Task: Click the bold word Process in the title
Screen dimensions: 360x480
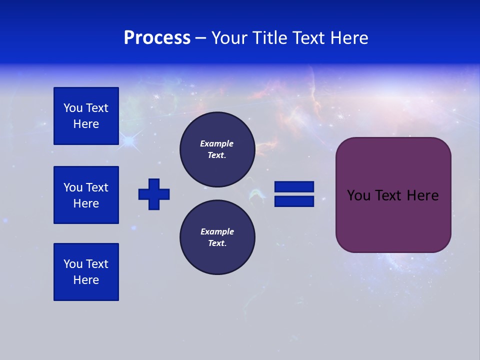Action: tap(157, 38)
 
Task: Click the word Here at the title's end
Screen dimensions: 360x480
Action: tap(348, 38)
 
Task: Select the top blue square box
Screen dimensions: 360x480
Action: tap(86, 116)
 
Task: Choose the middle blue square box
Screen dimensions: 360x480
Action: tap(86, 195)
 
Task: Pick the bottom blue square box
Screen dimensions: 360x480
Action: tap(86, 272)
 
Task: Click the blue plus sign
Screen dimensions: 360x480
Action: tap(154, 194)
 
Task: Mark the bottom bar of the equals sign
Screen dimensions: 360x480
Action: tap(294, 201)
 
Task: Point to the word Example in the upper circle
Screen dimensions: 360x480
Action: tap(217, 143)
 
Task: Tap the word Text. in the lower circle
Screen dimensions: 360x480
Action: tap(217, 243)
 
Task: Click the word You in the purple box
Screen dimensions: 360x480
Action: tap(358, 195)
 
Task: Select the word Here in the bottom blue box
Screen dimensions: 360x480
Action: tap(86, 280)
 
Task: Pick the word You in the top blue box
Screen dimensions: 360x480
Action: tap(73, 108)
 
